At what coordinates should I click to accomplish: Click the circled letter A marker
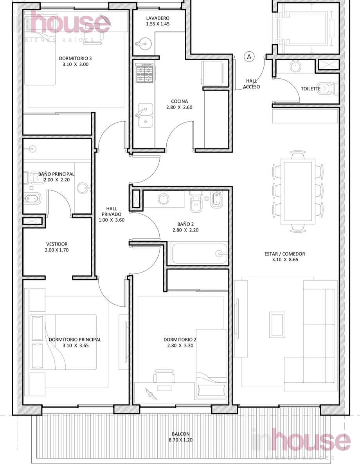click(249, 57)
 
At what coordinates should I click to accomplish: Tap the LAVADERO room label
click(158, 18)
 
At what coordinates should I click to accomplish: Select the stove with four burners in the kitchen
click(144, 73)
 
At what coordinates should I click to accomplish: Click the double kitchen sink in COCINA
click(145, 116)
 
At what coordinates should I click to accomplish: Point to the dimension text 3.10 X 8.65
click(285, 260)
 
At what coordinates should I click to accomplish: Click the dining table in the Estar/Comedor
click(298, 192)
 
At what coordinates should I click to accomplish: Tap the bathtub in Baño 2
click(200, 253)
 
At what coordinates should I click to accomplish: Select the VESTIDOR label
click(57, 244)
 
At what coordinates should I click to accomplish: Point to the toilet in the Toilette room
click(326, 89)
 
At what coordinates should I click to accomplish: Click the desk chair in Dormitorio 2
click(164, 376)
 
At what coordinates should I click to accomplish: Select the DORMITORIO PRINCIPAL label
click(75, 340)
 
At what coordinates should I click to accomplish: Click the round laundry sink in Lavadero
click(144, 44)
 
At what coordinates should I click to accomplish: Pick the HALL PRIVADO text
click(112, 211)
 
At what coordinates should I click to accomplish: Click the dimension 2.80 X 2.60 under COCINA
click(179, 107)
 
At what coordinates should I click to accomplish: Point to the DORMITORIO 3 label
click(75, 58)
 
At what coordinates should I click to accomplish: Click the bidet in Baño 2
click(216, 199)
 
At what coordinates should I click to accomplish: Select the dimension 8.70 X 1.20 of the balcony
click(181, 440)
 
